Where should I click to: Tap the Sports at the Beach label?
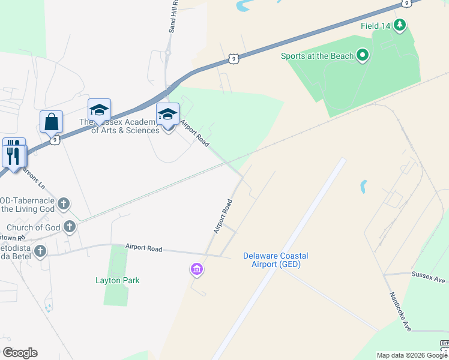point(317,56)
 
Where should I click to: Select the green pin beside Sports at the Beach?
point(362,56)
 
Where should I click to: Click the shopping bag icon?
point(52,121)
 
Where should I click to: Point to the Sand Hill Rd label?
point(173,16)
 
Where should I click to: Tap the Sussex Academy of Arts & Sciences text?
point(119,126)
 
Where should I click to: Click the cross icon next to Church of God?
point(70,227)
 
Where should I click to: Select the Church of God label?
point(33,227)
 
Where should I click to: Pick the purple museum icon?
point(196,270)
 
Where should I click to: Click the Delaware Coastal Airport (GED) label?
point(276,260)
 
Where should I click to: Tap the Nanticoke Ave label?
point(399,311)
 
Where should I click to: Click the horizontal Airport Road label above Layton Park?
point(143,247)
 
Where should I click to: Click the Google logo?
point(20,353)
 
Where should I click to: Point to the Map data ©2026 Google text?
point(412,355)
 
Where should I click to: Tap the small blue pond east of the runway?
point(364,187)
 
